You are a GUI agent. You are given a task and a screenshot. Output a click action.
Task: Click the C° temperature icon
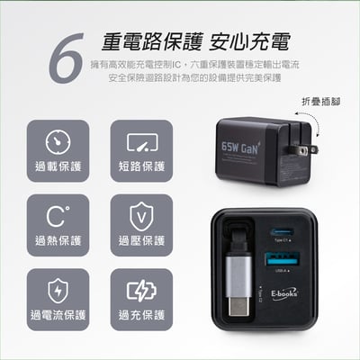tap(58, 217)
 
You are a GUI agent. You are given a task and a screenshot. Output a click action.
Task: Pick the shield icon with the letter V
tap(141, 217)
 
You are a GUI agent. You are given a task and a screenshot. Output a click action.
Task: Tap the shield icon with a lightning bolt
tap(58, 292)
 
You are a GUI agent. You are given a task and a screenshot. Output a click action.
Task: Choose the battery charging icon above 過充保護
tap(141, 292)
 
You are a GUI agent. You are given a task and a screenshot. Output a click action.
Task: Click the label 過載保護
tap(58, 166)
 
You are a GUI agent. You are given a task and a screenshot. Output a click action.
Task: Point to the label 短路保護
tap(141, 166)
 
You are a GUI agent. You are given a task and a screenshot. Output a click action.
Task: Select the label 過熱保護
tap(58, 240)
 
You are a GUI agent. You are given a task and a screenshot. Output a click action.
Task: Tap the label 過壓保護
tap(141, 240)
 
